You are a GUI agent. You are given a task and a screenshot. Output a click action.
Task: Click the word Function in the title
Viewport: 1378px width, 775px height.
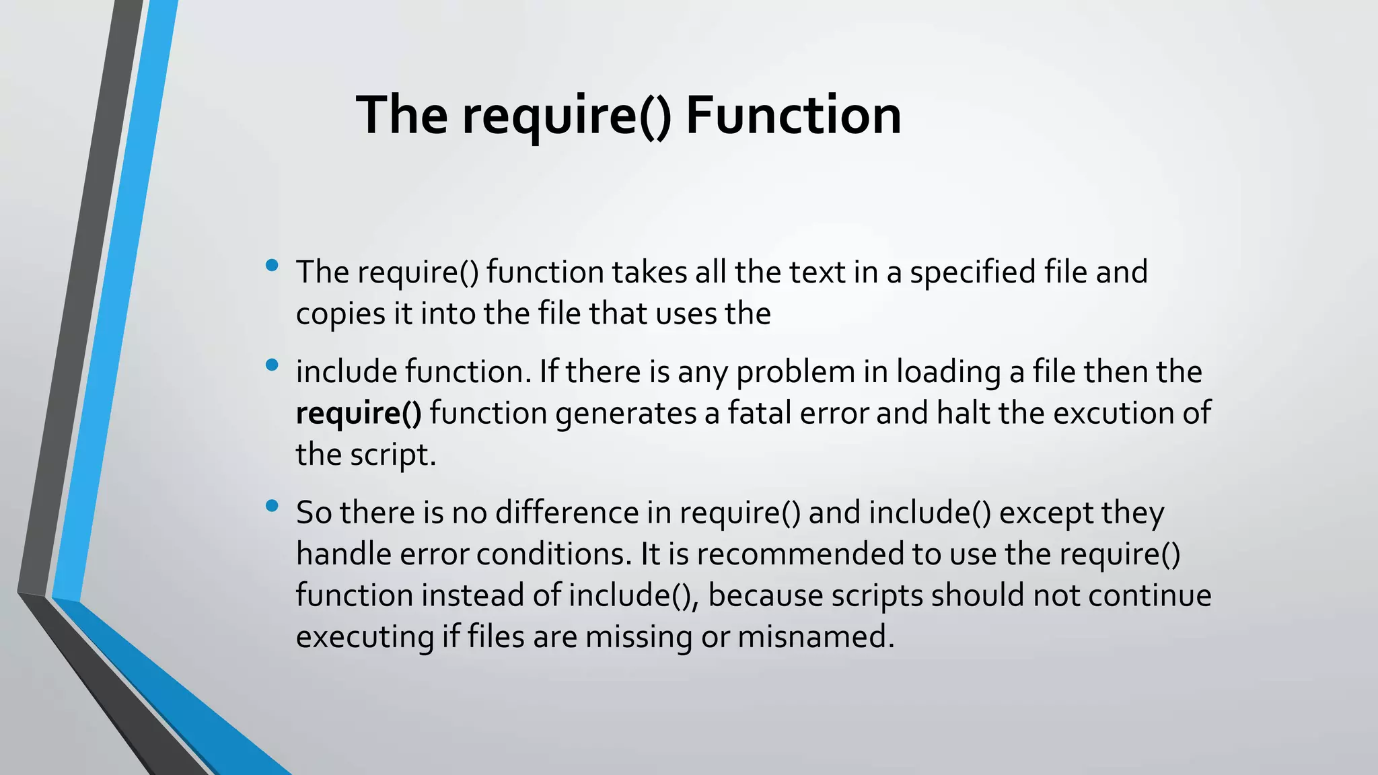tap(793, 115)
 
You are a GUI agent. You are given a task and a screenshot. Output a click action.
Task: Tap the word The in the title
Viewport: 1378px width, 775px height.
tap(402, 115)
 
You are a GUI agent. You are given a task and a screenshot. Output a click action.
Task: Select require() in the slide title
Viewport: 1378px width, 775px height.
tap(567, 116)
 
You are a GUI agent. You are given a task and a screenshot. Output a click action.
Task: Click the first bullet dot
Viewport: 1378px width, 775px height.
tap(272, 265)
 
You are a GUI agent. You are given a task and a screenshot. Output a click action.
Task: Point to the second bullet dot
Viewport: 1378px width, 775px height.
tap(272, 365)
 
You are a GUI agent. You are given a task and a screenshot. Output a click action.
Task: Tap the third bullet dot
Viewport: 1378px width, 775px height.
tap(272, 506)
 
